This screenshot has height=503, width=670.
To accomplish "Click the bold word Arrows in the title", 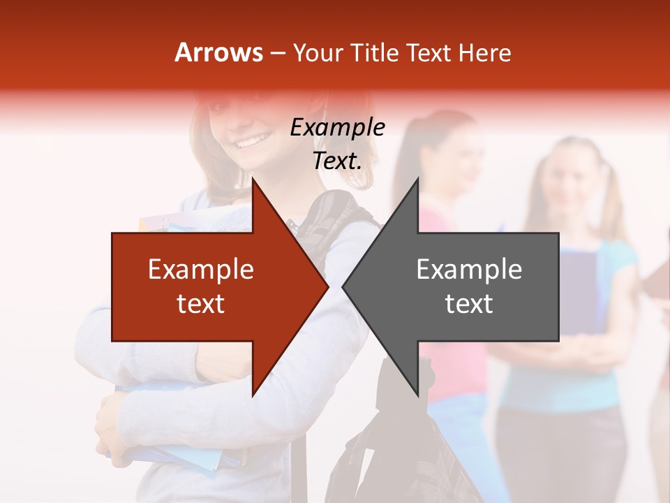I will (219, 52).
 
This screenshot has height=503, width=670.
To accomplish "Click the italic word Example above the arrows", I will (337, 128).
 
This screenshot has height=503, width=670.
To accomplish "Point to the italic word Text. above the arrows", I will (337, 161).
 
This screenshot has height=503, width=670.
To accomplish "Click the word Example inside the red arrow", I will (201, 269).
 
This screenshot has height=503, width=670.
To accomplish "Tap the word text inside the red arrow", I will (201, 304).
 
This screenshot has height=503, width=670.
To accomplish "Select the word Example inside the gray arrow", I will (469, 269).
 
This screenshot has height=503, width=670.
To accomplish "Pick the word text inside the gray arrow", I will (469, 304).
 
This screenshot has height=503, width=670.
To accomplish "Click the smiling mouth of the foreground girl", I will (249, 143).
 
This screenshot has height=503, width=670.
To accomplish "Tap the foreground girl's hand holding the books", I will (112, 426).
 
